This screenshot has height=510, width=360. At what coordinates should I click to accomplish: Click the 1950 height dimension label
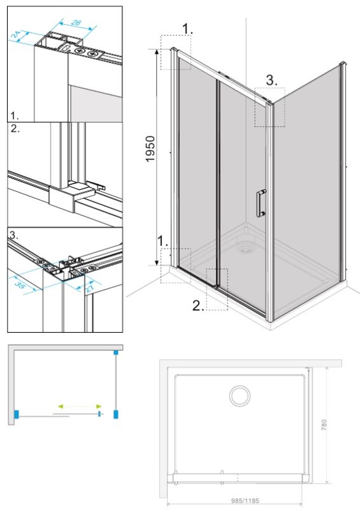pyautogui.click(x=150, y=149)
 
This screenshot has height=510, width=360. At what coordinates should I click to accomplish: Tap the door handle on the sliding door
pyautogui.click(x=261, y=203)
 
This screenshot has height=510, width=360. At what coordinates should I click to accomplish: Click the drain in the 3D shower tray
pyautogui.click(x=245, y=249)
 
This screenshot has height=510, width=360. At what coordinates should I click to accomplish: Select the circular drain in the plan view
pyautogui.click(x=240, y=396)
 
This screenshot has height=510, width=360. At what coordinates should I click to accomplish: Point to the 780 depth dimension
pyautogui.click(x=324, y=425)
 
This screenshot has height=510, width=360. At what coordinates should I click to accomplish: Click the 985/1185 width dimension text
pyautogui.click(x=245, y=501)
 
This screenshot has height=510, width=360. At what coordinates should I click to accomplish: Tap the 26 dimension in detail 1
pyautogui.click(x=75, y=23)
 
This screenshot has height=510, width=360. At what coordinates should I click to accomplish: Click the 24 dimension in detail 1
pyautogui.click(x=15, y=34)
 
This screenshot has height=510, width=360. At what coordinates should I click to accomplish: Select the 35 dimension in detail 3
pyautogui.click(x=20, y=286)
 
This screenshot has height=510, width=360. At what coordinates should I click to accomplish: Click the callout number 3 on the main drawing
pyautogui.click(x=271, y=80)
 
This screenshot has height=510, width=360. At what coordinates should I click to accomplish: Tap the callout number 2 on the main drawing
pyautogui.click(x=198, y=305)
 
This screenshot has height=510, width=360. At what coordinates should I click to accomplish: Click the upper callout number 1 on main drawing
pyautogui.click(x=187, y=29)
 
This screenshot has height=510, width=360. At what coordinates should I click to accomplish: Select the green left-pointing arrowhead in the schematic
pyautogui.click(x=60, y=406)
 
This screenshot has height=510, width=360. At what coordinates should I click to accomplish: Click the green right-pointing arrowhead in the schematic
pyautogui.click(x=99, y=406)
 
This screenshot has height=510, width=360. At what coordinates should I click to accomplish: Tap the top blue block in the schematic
pyautogui.click(x=116, y=353)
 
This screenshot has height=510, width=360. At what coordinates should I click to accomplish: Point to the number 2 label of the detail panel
pyautogui.click(x=15, y=128)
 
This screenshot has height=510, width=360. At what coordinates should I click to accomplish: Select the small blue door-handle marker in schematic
pyautogui.click(x=100, y=414)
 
